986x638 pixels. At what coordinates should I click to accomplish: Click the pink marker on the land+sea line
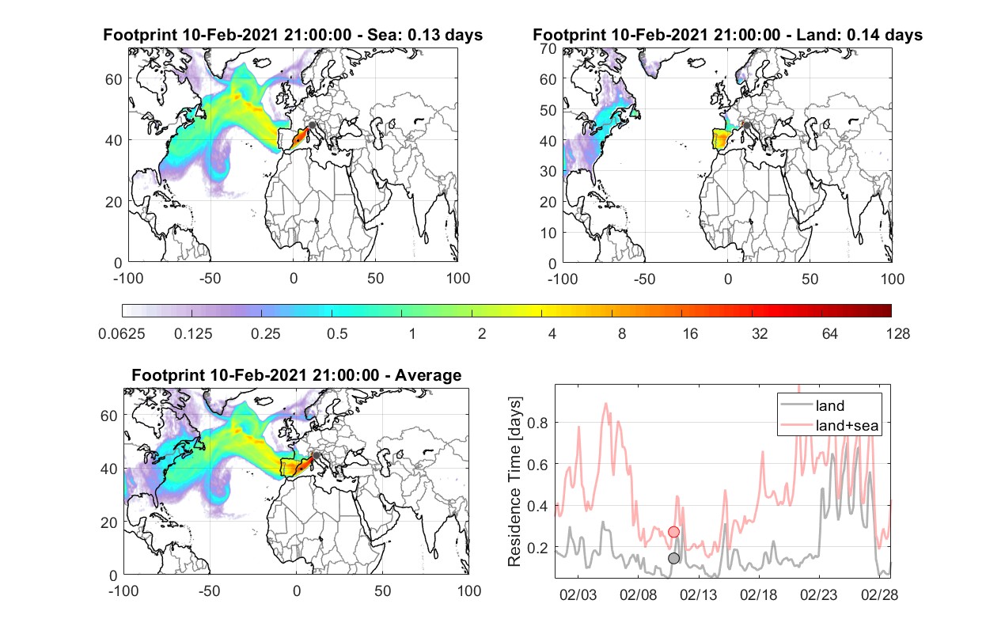(x=673, y=532)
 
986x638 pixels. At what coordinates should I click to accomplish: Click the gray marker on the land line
(x=673, y=558)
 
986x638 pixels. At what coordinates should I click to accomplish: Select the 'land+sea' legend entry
(x=829, y=425)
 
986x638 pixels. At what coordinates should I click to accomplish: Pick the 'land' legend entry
(x=812, y=405)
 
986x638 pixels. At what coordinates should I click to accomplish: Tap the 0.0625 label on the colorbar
(x=122, y=334)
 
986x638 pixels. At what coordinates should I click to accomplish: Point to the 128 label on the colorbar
(x=897, y=334)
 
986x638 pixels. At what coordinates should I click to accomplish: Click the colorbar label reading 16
(x=690, y=334)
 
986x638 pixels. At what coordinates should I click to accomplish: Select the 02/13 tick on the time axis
(x=698, y=594)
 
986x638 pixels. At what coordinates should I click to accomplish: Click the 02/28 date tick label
(x=879, y=594)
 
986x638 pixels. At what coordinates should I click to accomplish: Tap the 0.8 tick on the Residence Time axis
(x=537, y=423)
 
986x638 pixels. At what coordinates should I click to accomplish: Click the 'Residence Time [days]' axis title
(x=514, y=482)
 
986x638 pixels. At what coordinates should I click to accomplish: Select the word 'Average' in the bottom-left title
(x=428, y=375)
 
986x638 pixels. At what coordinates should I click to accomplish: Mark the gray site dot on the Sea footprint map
(x=312, y=125)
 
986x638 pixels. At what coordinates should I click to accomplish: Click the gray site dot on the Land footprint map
(x=746, y=126)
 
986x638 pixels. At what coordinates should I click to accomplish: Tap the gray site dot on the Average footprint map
(x=316, y=455)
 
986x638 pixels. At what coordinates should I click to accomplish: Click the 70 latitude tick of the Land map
(x=548, y=49)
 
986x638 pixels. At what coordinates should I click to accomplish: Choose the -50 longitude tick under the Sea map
(x=210, y=279)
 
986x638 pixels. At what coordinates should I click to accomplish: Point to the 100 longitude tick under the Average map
(x=468, y=591)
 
